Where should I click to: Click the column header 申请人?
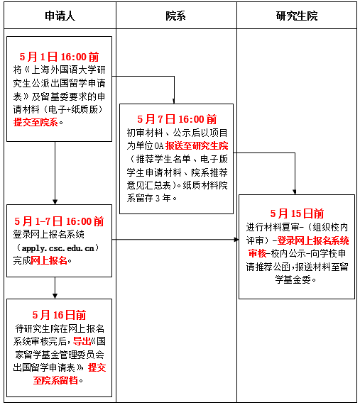(x=60, y=16)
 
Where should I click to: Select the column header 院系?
(x=176, y=16)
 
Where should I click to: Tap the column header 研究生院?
(x=297, y=16)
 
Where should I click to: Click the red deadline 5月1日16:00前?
(x=59, y=57)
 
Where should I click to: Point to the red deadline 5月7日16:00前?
(x=177, y=119)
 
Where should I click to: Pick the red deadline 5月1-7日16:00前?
(x=59, y=221)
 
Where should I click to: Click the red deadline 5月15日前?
(x=297, y=213)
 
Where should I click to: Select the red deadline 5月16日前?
(x=59, y=315)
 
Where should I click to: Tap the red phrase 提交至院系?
(x=36, y=122)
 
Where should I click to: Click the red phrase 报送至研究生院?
(x=197, y=146)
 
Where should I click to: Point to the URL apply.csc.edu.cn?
(x=58, y=248)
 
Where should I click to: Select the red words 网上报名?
(x=49, y=260)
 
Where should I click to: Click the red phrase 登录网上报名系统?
(x=313, y=240)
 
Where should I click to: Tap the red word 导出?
(x=82, y=341)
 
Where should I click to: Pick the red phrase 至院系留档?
(x=55, y=380)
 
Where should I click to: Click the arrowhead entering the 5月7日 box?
(x=174, y=101)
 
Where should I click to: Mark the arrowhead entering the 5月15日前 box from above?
(x=295, y=192)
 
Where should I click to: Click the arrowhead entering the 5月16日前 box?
(x=55, y=296)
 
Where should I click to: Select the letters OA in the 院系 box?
(x=159, y=146)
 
